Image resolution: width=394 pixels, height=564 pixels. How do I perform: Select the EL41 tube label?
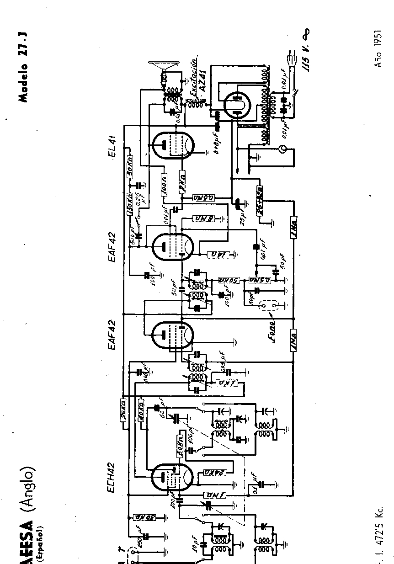coord(112,146)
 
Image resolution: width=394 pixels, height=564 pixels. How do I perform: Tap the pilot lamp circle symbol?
coord(283,149)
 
